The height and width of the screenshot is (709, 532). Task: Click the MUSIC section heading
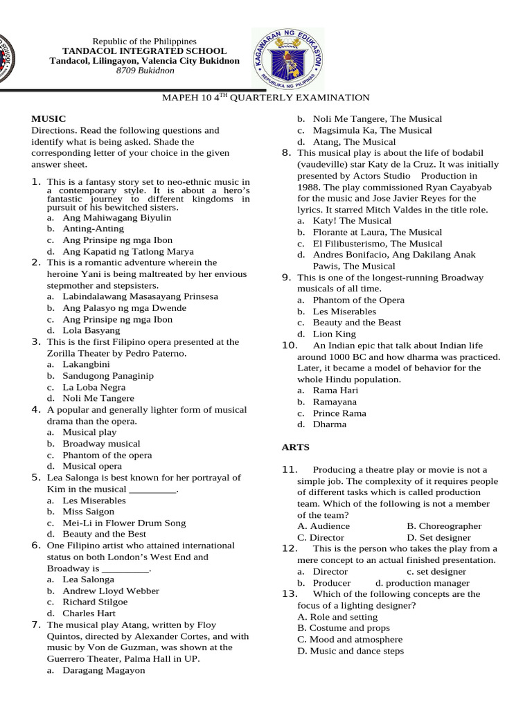coord(48,119)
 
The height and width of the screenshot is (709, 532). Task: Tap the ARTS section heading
coord(296,447)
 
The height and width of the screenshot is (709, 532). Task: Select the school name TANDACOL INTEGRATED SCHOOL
coord(144,51)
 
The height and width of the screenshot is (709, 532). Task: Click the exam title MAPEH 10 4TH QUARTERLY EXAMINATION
coord(265,98)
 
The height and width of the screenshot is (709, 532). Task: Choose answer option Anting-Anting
coord(94,228)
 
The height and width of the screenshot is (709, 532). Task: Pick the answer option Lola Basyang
coord(91,331)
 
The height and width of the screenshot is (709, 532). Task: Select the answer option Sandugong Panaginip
coord(108,376)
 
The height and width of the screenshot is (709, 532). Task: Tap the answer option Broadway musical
coord(101,444)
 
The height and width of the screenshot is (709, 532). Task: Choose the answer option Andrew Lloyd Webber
coord(111,591)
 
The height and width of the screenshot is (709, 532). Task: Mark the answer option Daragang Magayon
coord(104,670)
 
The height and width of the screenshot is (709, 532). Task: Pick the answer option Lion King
coord(334,334)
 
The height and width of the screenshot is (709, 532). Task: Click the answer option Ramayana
coord(335,402)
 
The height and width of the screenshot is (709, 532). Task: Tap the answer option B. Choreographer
coord(444,526)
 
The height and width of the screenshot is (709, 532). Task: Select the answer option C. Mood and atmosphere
coord(350,640)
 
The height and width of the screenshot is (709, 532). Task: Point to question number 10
coord(290,345)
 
